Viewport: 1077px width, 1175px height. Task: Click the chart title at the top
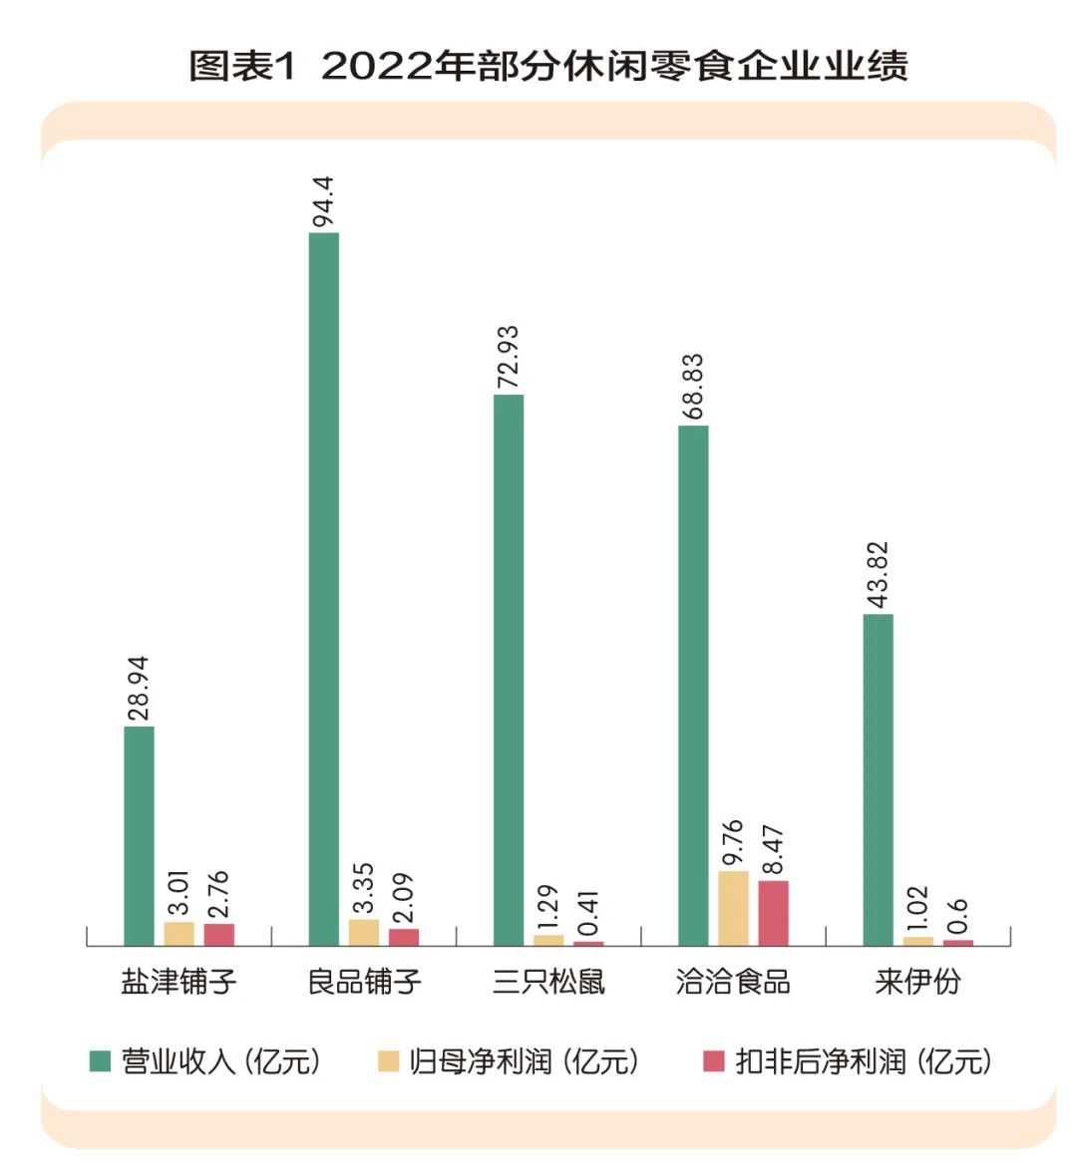pos(547,66)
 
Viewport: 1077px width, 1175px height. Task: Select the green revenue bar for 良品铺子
pos(324,588)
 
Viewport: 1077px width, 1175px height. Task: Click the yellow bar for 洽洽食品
pos(733,908)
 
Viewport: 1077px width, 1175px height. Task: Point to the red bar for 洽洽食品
pos(773,913)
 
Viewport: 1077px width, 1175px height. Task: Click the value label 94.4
pos(323,202)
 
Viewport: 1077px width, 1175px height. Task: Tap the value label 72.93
pos(509,357)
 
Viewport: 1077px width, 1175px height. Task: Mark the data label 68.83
pos(693,386)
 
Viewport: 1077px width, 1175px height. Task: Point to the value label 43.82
pos(878,575)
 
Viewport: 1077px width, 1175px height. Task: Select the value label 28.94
pos(139,688)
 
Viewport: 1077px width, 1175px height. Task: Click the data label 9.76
pos(733,842)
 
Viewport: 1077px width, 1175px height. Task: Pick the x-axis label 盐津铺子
pos(179,982)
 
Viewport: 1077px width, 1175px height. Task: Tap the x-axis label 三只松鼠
pos(548,982)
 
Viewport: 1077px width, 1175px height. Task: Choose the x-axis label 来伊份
pos(917,982)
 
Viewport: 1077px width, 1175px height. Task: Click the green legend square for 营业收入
pos(100,1061)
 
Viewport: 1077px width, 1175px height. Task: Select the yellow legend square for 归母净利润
pos(388,1061)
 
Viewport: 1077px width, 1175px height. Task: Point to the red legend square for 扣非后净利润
pos(713,1061)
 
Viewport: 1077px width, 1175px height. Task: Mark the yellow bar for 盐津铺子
pos(179,934)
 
